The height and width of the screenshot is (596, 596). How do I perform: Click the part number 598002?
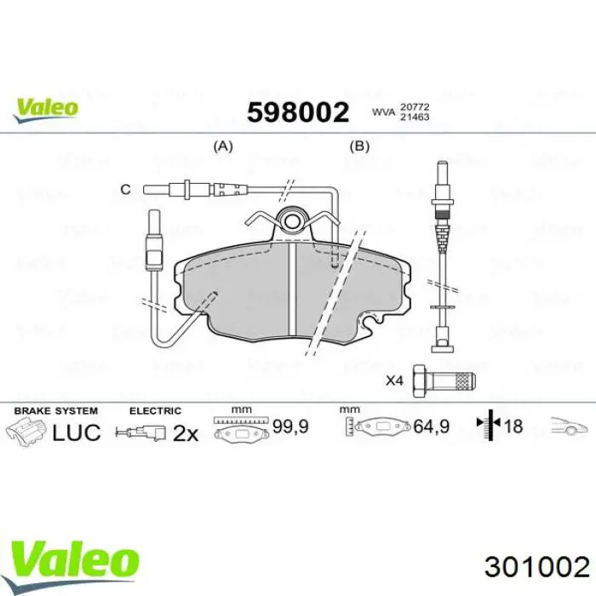298,112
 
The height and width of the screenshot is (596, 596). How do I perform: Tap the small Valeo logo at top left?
45,108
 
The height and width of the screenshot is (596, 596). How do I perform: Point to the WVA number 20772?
415,106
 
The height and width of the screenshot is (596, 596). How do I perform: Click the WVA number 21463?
415,117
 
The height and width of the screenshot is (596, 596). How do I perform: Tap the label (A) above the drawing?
222,146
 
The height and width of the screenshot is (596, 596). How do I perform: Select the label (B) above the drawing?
360,146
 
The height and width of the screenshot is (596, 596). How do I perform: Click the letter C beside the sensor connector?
125,189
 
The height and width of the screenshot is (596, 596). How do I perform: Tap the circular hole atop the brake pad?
293,222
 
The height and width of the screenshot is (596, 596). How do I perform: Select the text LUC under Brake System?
77,433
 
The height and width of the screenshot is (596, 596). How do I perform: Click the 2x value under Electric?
185,433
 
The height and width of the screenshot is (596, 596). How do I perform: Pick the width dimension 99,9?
289,425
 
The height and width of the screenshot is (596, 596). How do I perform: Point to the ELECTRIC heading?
155,410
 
